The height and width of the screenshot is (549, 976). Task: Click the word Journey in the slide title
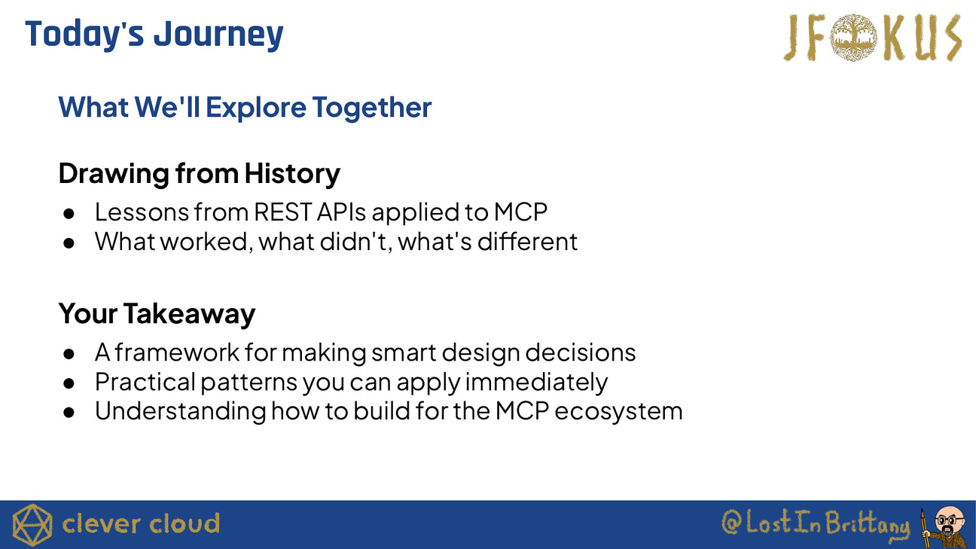pos(218,35)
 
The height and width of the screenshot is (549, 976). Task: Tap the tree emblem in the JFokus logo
pos(853,37)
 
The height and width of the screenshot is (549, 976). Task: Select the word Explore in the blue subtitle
pos(256,107)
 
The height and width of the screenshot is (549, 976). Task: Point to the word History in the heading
pos(292,174)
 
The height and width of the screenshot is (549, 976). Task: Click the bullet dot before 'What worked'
pos(69,243)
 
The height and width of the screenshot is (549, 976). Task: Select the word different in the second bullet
pos(527,242)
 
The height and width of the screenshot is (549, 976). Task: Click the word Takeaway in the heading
pos(189,314)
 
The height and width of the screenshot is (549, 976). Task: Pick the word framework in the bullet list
pos(177,353)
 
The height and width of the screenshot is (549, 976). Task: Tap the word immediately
pos(536,382)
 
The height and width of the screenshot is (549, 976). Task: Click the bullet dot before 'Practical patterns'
pos(69,384)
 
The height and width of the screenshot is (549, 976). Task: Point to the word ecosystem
pos(619,411)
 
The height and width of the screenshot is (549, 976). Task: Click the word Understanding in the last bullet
pos(181,411)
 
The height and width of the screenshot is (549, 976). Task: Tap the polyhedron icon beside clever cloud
pos(32,525)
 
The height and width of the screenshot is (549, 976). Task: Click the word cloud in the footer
pos(184,524)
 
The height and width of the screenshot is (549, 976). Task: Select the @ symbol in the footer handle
pos(732,522)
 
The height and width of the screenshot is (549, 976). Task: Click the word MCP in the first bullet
pos(521,212)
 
